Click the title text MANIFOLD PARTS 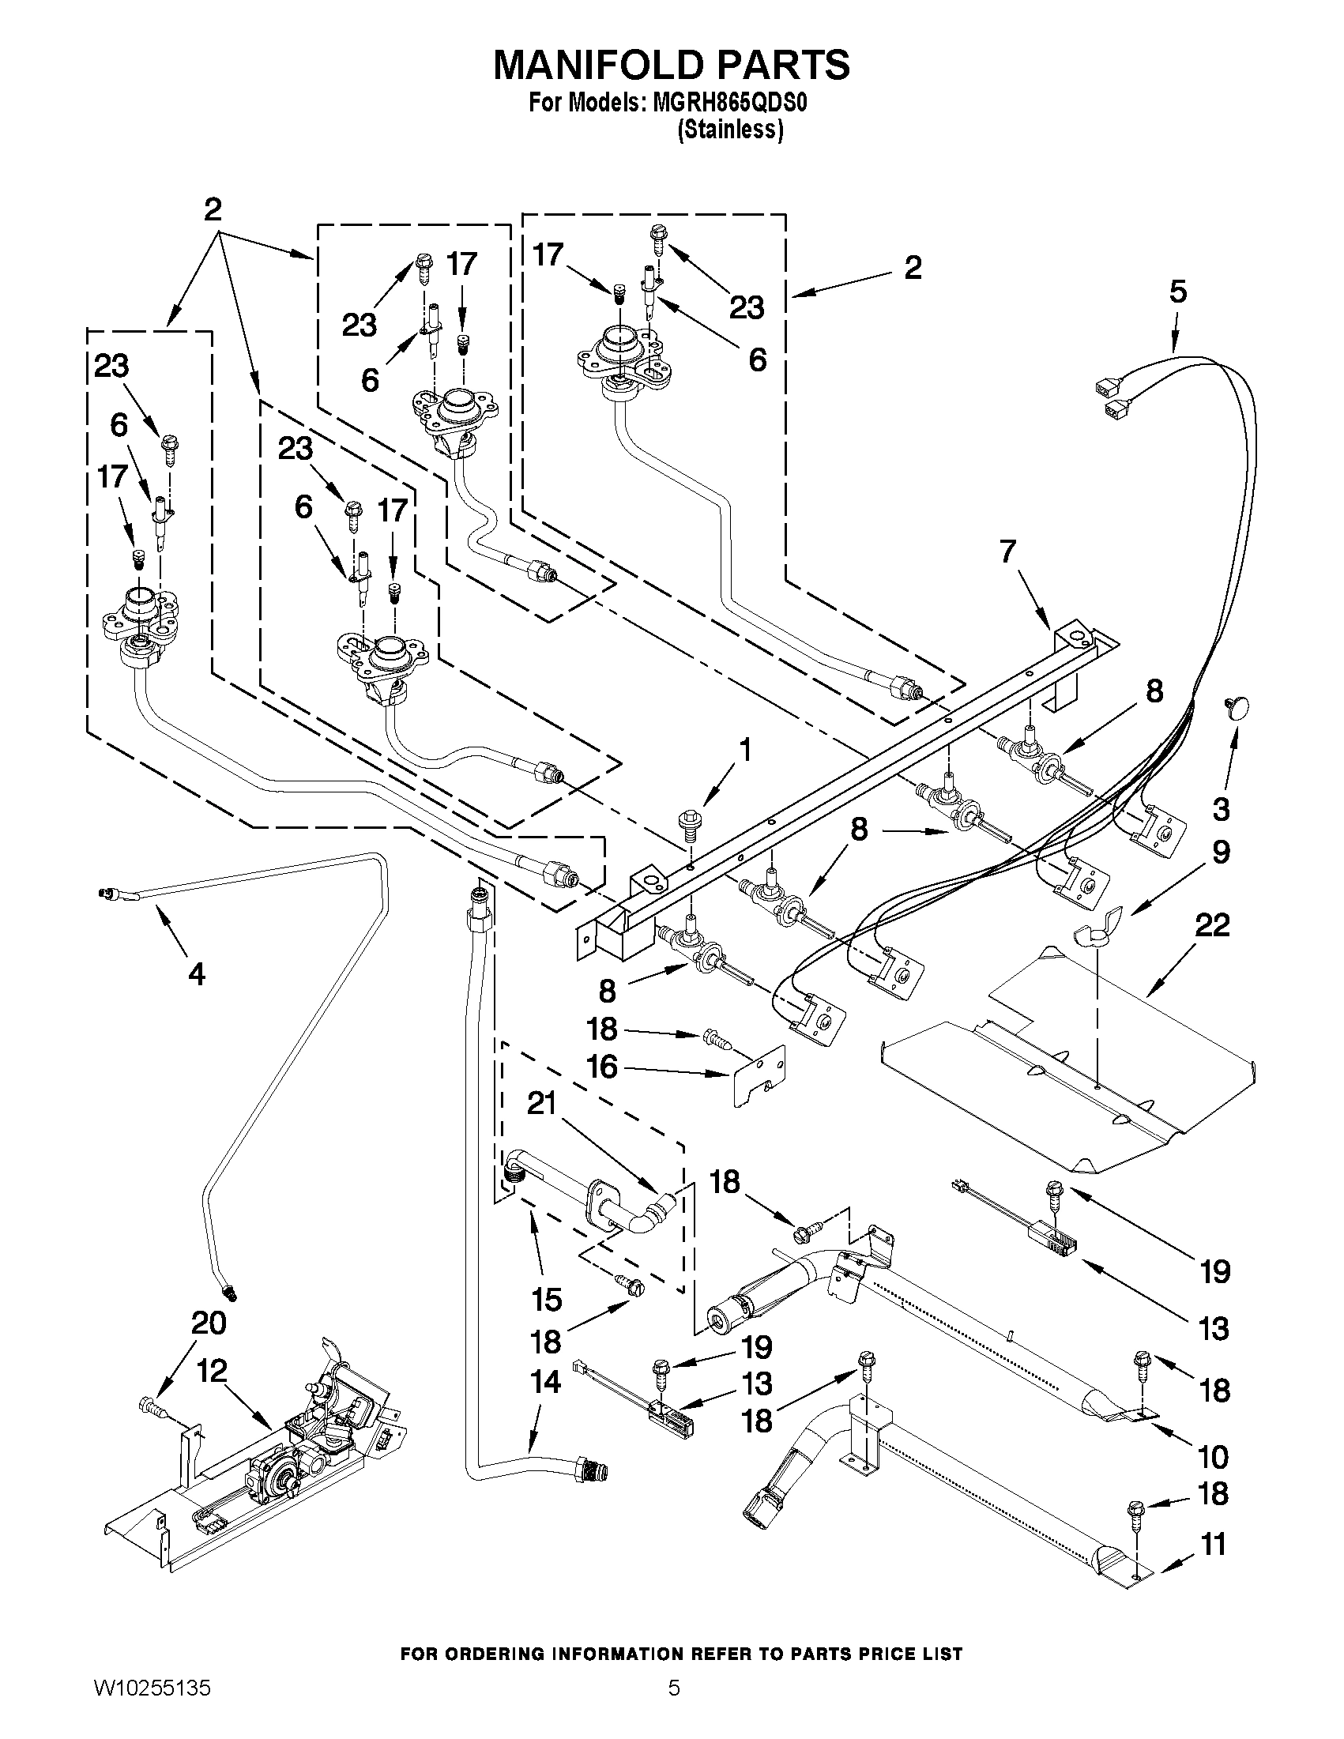pyautogui.click(x=671, y=65)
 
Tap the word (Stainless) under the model pyautogui.click(x=729, y=130)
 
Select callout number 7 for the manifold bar pyautogui.click(x=1007, y=551)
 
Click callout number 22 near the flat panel pyautogui.click(x=1212, y=924)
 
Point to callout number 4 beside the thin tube pyautogui.click(x=196, y=973)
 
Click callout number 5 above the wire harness pyautogui.click(x=1177, y=292)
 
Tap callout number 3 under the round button pyautogui.click(x=1221, y=810)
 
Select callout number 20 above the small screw pyautogui.click(x=209, y=1323)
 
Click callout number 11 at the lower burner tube pyautogui.click(x=1213, y=1544)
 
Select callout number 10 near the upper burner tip pyautogui.click(x=1213, y=1456)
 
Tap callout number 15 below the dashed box pyautogui.click(x=545, y=1299)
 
